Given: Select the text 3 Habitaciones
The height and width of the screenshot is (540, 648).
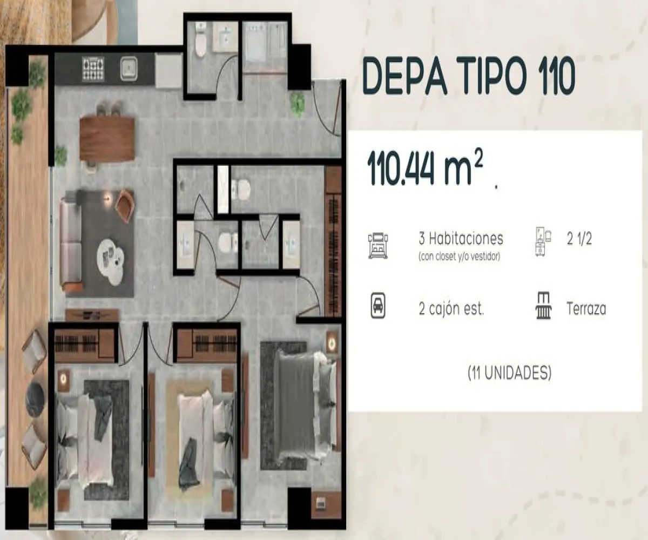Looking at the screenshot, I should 461,238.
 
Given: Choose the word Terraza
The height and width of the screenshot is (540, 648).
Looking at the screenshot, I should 586,309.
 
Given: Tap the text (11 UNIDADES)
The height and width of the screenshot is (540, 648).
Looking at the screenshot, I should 509,372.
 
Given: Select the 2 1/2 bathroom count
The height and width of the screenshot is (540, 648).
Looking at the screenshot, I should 579,239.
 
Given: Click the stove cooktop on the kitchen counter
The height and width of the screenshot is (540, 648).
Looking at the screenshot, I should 93,69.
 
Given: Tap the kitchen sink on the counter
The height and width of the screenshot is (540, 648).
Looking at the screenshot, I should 130,69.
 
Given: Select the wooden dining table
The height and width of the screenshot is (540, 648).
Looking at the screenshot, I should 107,139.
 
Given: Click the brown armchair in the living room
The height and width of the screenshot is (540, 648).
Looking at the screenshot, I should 125,205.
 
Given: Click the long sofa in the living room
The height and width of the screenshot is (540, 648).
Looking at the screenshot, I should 70,246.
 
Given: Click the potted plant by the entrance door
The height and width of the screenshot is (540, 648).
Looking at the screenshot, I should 298,104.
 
